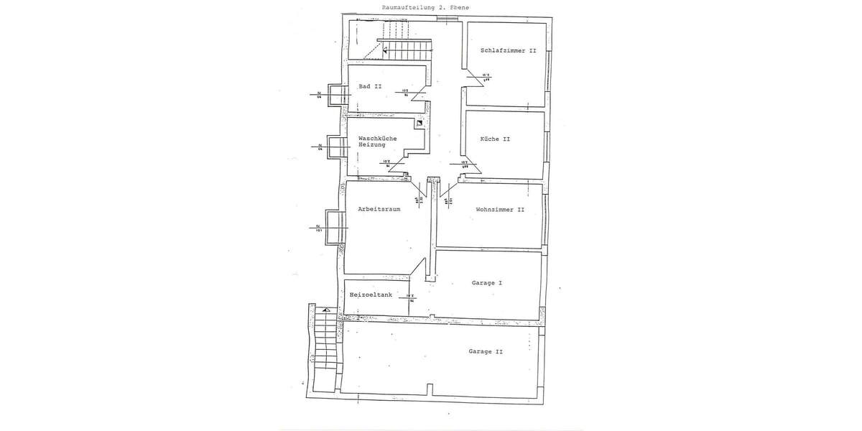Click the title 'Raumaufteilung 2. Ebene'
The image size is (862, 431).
pos(416,7)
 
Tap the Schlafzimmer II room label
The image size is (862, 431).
pos(509,51)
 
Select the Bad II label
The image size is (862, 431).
pos(370,86)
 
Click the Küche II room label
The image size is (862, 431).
pos(495,139)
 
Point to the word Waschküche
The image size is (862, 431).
pos(377,137)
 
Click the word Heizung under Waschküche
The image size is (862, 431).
pos(371,145)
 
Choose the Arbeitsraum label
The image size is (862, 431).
pos(379,210)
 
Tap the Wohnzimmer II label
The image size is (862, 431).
pos(500,210)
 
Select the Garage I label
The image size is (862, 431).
pos(486,283)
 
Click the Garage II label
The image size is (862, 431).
pos(486,351)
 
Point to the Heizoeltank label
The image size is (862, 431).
pos(370,295)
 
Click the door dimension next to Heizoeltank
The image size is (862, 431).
pos(411,298)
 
